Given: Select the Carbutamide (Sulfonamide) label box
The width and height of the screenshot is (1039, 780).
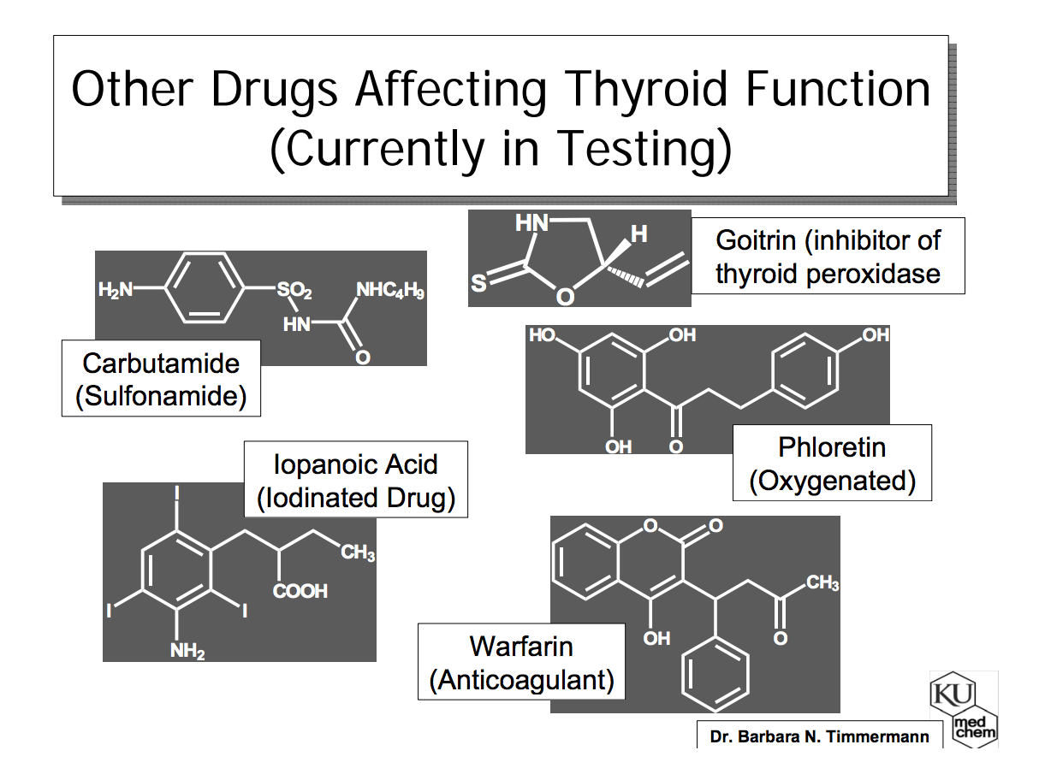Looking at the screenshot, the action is pyautogui.click(x=161, y=379).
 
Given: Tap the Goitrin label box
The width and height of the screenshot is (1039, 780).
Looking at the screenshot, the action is pyautogui.click(x=828, y=256).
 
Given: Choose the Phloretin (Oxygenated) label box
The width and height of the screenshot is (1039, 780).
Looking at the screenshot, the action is pyautogui.click(x=832, y=464).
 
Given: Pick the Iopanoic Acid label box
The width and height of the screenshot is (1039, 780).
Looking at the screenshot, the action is pyautogui.click(x=356, y=480).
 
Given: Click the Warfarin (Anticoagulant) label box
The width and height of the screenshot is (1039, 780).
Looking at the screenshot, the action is pyautogui.click(x=521, y=662).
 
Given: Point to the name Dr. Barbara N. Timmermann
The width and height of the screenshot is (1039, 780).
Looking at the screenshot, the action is pyautogui.click(x=819, y=736).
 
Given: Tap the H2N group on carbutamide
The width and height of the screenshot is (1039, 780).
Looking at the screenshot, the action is pyautogui.click(x=116, y=291).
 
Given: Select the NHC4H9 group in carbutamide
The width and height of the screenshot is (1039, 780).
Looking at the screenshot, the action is pyautogui.click(x=390, y=291).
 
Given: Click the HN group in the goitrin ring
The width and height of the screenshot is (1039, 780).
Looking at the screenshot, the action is pyautogui.click(x=531, y=224).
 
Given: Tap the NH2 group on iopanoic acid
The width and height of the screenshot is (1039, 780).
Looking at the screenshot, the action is pyautogui.click(x=187, y=651).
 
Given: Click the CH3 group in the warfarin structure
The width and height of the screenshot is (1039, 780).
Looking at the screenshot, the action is pyautogui.click(x=822, y=583).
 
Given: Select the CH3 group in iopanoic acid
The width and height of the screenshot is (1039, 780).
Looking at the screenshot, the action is pyautogui.click(x=358, y=552).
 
